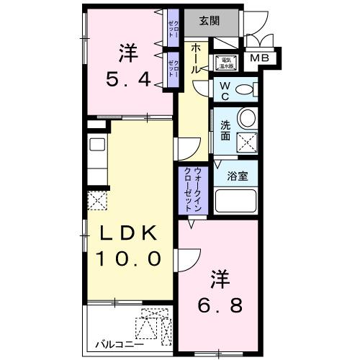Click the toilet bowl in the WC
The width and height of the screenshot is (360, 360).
point(246,90)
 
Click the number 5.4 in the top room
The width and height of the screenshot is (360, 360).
point(130,79)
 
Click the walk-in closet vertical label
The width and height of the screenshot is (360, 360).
point(193,188)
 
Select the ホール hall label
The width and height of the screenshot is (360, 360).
point(196,57)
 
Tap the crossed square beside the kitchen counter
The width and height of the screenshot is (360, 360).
point(96,201)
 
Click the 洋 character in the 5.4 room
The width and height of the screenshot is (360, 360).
point(129,52)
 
